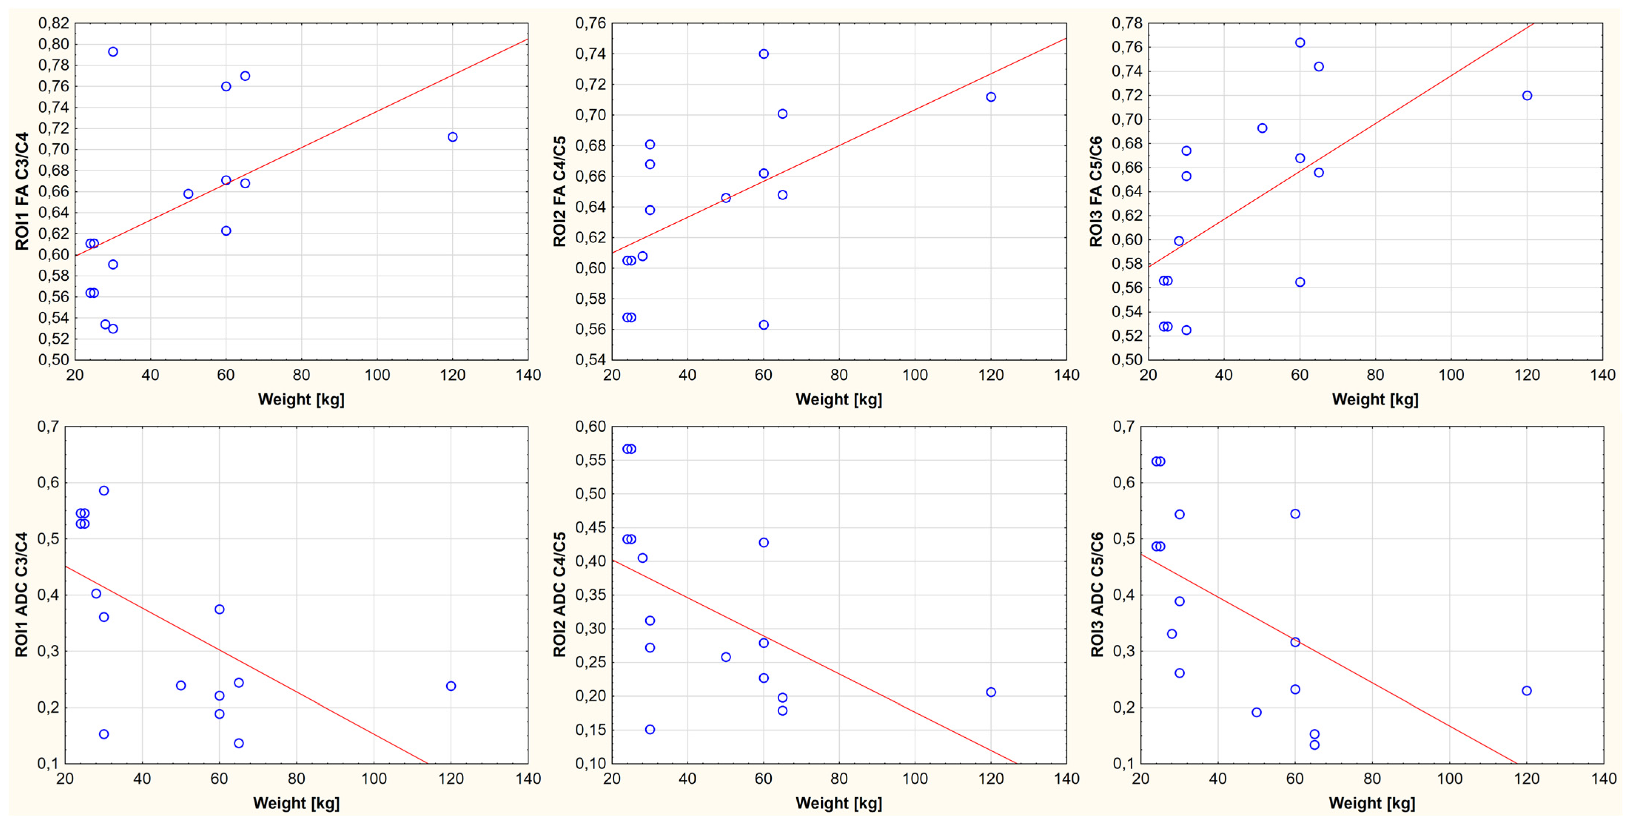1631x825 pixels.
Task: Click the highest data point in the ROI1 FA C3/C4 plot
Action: click(113, 52)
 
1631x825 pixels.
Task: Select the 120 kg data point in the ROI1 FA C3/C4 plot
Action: click(452, 137)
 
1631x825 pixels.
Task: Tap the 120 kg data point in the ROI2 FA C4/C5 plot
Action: click(991, 97)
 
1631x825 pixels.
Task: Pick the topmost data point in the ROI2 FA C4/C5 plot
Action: click(764, 54)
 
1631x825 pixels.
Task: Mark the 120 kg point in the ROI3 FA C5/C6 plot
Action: click(1527, 95)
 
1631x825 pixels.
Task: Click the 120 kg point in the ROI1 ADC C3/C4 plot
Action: click(451, 686)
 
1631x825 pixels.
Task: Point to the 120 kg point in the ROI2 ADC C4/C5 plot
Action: click(991, 692)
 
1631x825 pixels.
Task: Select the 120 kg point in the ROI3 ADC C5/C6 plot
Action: click(1527, 691)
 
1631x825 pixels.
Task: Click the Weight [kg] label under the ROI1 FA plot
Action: click(302, 400)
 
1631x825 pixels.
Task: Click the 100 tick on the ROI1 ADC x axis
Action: click(374, 779)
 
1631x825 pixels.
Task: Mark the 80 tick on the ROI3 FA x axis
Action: click(1375, 375)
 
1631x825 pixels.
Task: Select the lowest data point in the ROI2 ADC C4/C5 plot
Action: click(650, 730)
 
